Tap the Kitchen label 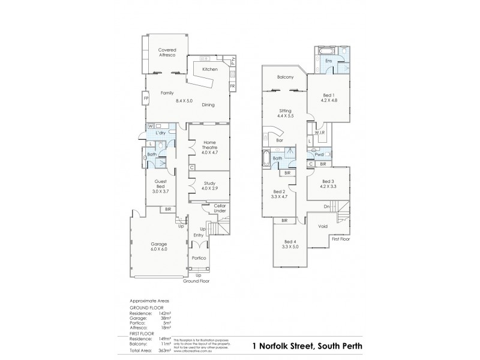(x=209, y=70)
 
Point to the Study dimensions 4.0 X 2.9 (x=209, y=188)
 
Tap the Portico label (x=199, y=258)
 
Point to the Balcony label (x=285, y=77)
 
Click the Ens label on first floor (x=328, y=61)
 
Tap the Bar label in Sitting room (x=280, y=141)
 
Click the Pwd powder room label (x=319, y=154)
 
